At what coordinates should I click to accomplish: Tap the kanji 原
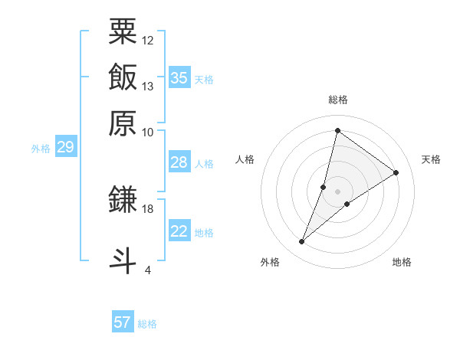[123, 123]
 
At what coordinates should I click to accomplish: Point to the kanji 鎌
[123, 199]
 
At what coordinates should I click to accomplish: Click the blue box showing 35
[179, 78]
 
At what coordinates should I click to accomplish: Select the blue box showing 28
[179, 162]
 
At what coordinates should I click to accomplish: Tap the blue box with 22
[179, 231]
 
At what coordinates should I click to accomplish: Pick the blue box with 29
[65, 147]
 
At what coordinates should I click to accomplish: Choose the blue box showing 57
[123, 322]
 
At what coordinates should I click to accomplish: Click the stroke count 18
[148, 208]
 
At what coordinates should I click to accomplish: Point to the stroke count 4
[148, 270]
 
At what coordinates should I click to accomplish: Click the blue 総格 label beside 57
[147, 324]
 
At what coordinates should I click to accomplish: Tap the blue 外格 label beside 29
[41, 149]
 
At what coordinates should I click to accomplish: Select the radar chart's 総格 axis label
[337, 100]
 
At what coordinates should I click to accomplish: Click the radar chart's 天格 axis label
[431, 159]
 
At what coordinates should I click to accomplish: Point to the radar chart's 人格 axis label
[245, 159]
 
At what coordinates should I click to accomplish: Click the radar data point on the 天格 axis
[396, 172]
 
